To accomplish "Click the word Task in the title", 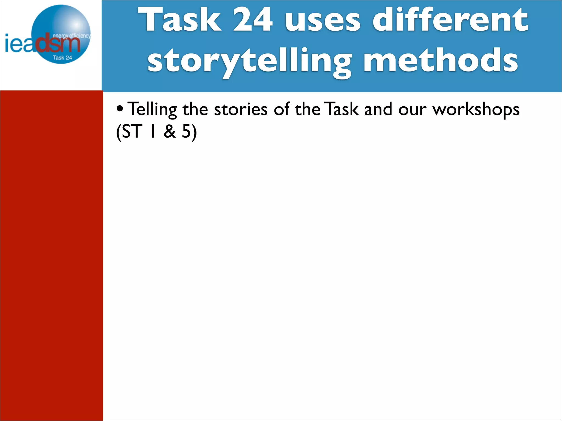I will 180,20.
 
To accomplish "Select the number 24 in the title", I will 252,20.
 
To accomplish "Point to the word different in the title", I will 450,20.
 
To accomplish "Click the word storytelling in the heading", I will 249,61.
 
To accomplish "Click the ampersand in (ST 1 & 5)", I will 170,132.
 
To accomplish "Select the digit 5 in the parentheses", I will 186,132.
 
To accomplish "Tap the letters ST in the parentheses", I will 132,132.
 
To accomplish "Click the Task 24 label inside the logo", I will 62,58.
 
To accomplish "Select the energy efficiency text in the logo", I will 71,36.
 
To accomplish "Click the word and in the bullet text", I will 378,109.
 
